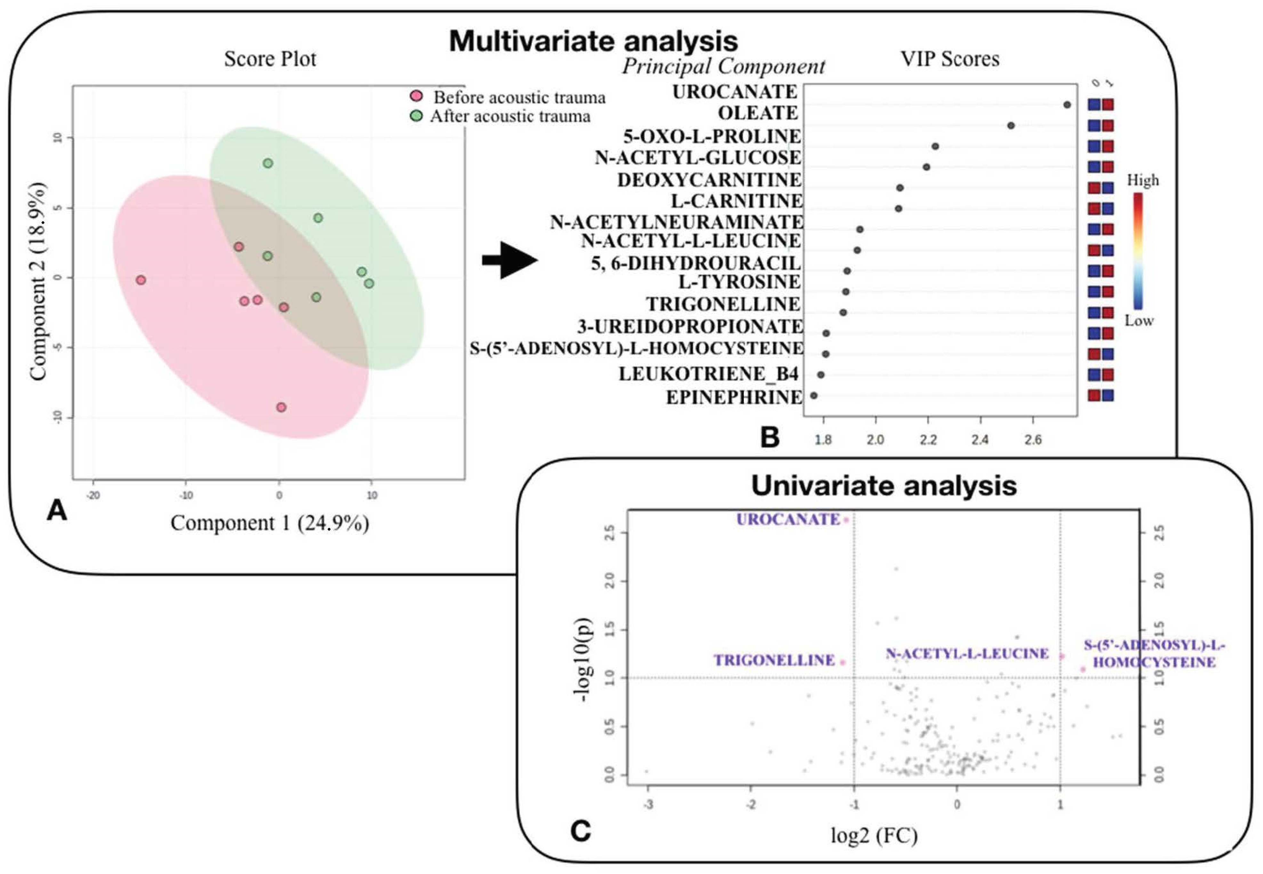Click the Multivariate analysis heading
(x=593, y=41)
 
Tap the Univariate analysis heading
(x=883, y=485)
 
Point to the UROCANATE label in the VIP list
(x=735, y=92)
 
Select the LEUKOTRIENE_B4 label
(x=708, y=374)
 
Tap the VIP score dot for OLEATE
(x=1011, y=125)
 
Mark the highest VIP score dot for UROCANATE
(x=1067, y=105)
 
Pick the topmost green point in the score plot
(x=268, y=163)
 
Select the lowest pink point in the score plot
(x=281, y=407)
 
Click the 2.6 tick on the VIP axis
(x=1033, y=440)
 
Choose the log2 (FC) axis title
(x=874, y=835)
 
